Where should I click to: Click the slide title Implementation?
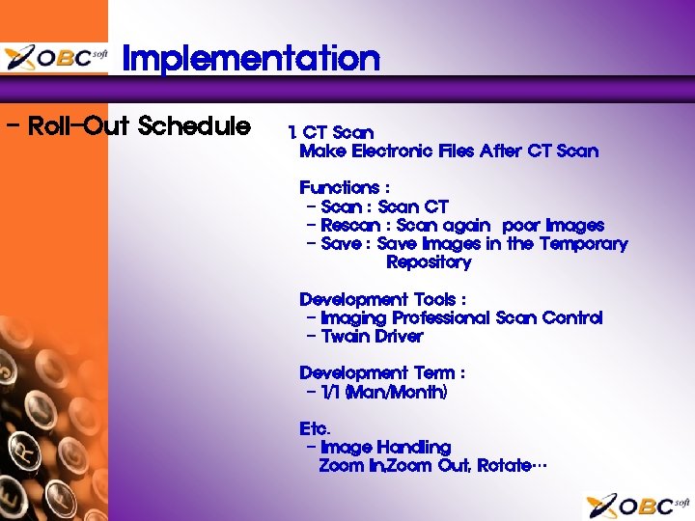(x=251, y=59)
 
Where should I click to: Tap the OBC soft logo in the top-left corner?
(x=55, y=58)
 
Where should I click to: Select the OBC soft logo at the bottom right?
(x=638, y=505)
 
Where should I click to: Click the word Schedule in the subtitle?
(x=194, y=126)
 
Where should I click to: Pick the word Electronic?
(x=392, y=151)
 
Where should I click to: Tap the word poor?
(x=521, y=225)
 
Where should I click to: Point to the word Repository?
(x=429, y=261)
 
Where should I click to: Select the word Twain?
(x=346, y=336)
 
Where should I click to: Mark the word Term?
(x=433, y=372)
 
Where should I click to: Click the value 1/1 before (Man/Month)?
(x=331, y=392)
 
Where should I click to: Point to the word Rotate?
(x=503, y=465)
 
